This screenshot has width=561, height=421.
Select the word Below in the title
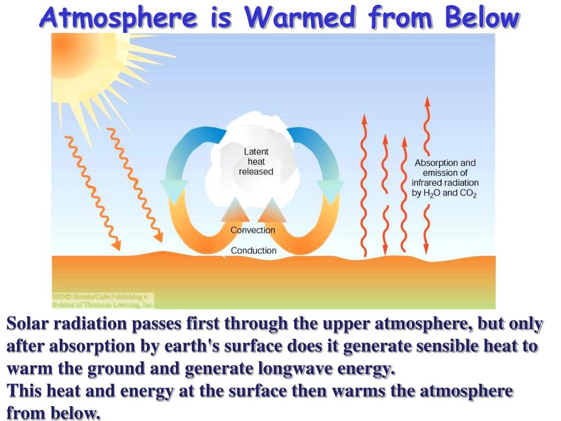click(x=481, y=18)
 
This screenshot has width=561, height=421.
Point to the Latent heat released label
click(x=256, y=162)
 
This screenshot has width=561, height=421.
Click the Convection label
click(x=253, y=230)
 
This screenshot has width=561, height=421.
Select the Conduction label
click(x=253, y=251)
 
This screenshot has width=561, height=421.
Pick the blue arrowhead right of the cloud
click(x=331, y=191)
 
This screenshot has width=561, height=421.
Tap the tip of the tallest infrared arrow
click(x=427, y=101)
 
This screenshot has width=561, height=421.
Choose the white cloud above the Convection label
click(x=255, y=132)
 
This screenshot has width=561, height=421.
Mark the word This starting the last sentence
click(x=24, y=391)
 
